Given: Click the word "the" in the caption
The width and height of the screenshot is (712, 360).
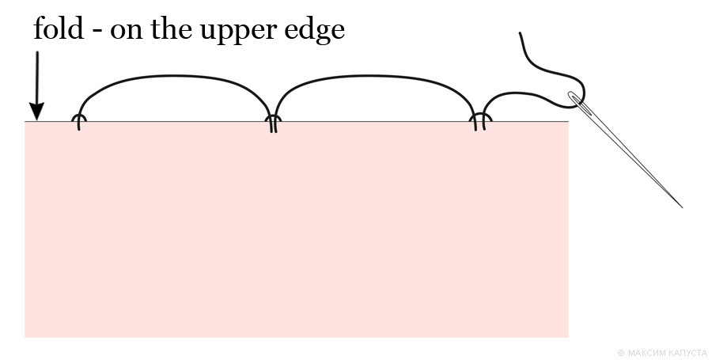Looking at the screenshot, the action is click(x=176, y=29).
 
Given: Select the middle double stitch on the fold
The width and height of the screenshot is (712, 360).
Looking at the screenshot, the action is click(x=273, y=123).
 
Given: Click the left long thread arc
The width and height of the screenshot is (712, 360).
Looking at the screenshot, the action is click(x=174, y=79).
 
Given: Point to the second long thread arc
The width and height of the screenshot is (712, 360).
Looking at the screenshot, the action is click(x=372, y=79).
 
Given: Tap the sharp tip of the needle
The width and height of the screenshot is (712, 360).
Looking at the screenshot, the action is click(x=681, y=207).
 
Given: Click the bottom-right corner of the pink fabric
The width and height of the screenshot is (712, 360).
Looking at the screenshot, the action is click(x=567, y=336).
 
